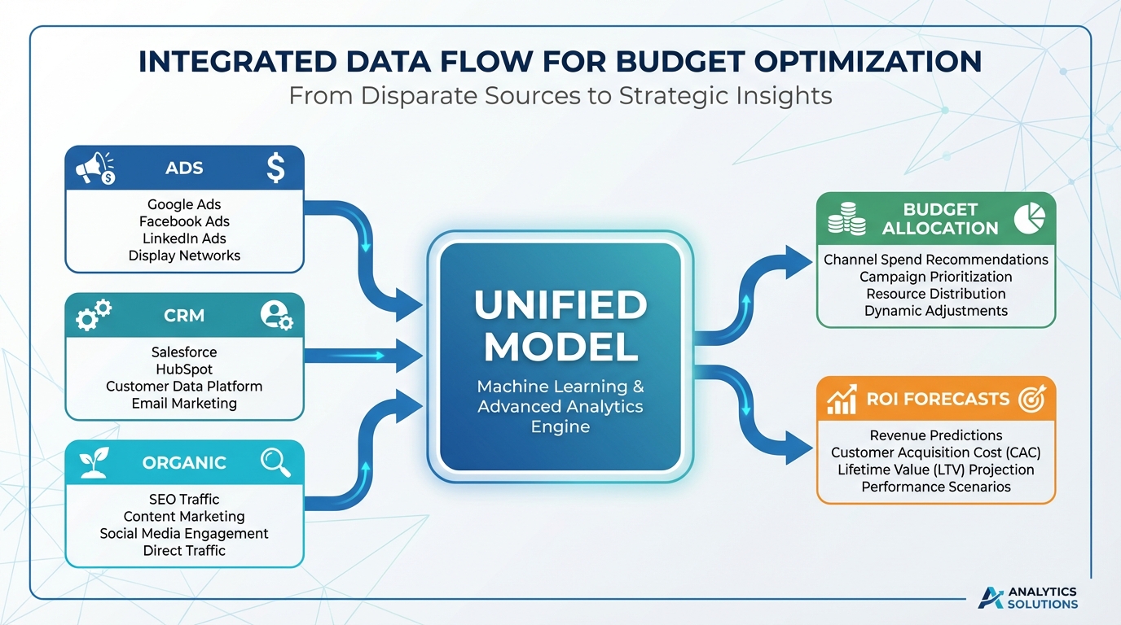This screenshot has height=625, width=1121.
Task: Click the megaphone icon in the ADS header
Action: click(95, 168)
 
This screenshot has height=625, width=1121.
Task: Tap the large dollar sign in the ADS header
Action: click(275, 168)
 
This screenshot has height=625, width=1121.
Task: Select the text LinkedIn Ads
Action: click(184, 238)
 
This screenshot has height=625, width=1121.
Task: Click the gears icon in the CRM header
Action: click(94, 315)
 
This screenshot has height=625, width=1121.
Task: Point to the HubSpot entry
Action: click(184, 369)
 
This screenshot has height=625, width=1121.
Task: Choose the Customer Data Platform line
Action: click(184, 387)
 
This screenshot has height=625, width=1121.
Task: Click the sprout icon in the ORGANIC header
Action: click(94, 463)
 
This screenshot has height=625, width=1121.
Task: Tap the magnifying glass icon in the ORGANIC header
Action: click(275, 462)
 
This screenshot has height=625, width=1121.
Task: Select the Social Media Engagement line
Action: click(184, 534)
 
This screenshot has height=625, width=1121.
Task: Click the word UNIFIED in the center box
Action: click(560, 305)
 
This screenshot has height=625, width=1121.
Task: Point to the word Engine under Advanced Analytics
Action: click(560, 427)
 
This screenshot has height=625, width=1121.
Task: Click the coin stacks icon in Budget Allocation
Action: click(846, 219)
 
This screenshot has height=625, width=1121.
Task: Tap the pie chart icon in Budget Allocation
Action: click(1030, 218)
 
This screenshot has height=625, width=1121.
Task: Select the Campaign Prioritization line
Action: click(936, 277)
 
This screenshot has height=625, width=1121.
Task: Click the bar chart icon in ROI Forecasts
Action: click(842, 400)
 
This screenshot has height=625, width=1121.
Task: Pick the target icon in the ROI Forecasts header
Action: click(1032, 399)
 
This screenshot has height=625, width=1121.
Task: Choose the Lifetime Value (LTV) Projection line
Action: click(936, 470)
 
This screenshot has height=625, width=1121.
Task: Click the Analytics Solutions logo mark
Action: click(990, 598)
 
